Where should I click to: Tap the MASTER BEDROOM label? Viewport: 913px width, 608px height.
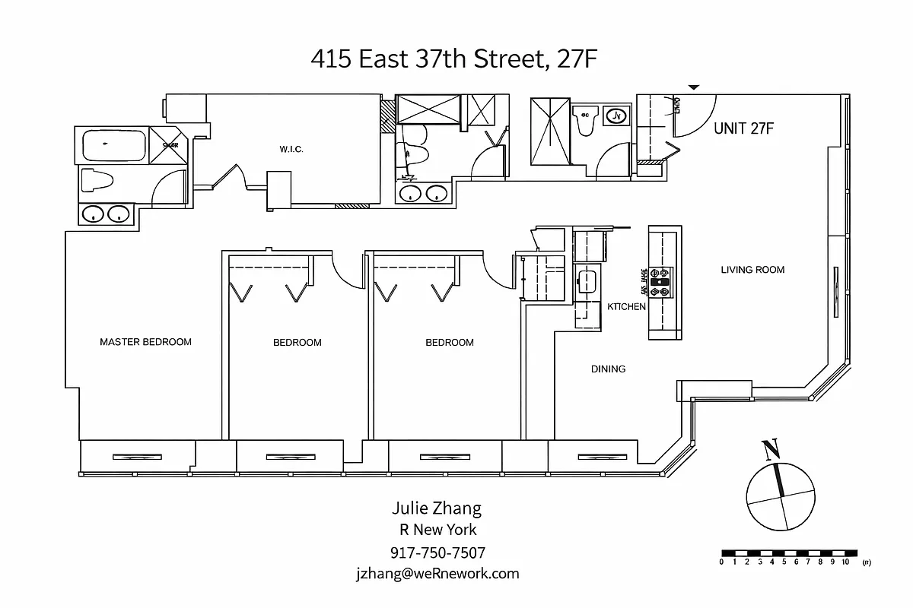pyautogui.click(x=145, y=342)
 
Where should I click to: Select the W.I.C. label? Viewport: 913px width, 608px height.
pyautogui.click(x=291, y=150)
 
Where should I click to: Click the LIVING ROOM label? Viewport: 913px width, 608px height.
pyautogui.click(x=752, y=270)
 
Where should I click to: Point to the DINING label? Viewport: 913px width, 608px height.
pyautogui.click(x=608, y=369)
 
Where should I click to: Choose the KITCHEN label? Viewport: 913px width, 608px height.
pyautogui.click(x=626, y=307)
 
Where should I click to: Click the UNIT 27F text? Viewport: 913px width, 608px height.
pyautogui.click(x=743, y=128)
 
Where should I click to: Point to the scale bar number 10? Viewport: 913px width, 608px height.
pyautogui.click(x=845, y=563)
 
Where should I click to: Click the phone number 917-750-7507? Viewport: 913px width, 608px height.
pyautogui.click(x=437, y=553)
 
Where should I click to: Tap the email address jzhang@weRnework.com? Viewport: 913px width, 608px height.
pyautogui.click(x=437, y=574)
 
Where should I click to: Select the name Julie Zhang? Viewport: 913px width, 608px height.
pyautogui.click(x=437, y=508)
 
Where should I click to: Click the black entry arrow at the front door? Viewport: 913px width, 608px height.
pyautogui.click(x=693, y=88)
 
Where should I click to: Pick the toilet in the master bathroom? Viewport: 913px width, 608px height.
pyautogui.click(x=97, y=181)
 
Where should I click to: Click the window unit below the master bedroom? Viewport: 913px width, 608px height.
pyautogui.click(x=137, y=456)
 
